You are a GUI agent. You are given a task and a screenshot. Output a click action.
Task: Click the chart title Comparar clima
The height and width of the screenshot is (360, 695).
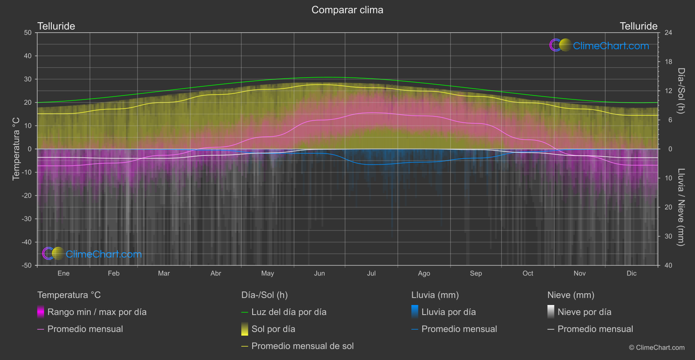tap(347, 10)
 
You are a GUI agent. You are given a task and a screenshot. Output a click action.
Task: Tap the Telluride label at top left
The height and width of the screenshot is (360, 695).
tap(56, 26)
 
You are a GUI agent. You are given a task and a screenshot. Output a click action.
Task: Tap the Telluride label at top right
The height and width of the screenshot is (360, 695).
tap(638, 26)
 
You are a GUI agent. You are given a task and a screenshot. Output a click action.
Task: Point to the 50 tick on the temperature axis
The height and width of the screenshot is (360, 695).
tap(28, 33)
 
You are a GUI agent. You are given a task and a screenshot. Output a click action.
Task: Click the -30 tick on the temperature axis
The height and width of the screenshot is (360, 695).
tap(27, 219)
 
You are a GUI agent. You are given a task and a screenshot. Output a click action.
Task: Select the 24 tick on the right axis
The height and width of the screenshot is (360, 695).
tap(668, 33)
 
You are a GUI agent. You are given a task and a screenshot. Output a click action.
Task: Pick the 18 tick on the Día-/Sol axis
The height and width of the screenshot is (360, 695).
tap(668, 62)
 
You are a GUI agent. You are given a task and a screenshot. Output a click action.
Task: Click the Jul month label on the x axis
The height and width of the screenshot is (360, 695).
tap(371, 274)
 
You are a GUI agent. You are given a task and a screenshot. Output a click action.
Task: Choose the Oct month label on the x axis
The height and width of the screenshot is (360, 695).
tap(528, 274)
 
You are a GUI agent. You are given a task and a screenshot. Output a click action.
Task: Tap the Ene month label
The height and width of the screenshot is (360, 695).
tap(64, 274)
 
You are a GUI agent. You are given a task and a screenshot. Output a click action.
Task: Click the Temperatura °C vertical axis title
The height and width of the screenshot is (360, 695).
tap(16, 149)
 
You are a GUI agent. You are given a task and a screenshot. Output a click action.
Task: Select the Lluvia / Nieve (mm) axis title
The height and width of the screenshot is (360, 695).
tap(681, 207)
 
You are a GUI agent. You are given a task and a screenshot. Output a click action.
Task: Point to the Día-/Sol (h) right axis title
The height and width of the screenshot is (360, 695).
tap(681, 91)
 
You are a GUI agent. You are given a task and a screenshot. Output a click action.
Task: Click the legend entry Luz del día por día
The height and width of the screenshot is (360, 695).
tap(289, 312)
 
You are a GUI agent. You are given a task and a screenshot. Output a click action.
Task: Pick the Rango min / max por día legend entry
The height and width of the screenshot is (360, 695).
tap(97, 312)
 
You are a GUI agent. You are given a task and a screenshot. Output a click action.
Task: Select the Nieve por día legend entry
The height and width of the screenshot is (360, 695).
tap(584, 312)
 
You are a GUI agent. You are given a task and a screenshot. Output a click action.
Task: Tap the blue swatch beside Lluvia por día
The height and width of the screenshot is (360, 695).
tap(414, 312)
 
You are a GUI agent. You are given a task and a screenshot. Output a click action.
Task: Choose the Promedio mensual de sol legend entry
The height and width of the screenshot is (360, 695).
tap(302, 346)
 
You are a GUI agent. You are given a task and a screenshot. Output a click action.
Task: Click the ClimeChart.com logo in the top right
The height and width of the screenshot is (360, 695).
tap(599, 45)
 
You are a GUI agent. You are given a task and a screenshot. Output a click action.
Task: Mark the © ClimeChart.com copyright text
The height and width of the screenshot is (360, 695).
tap(657, 348)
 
